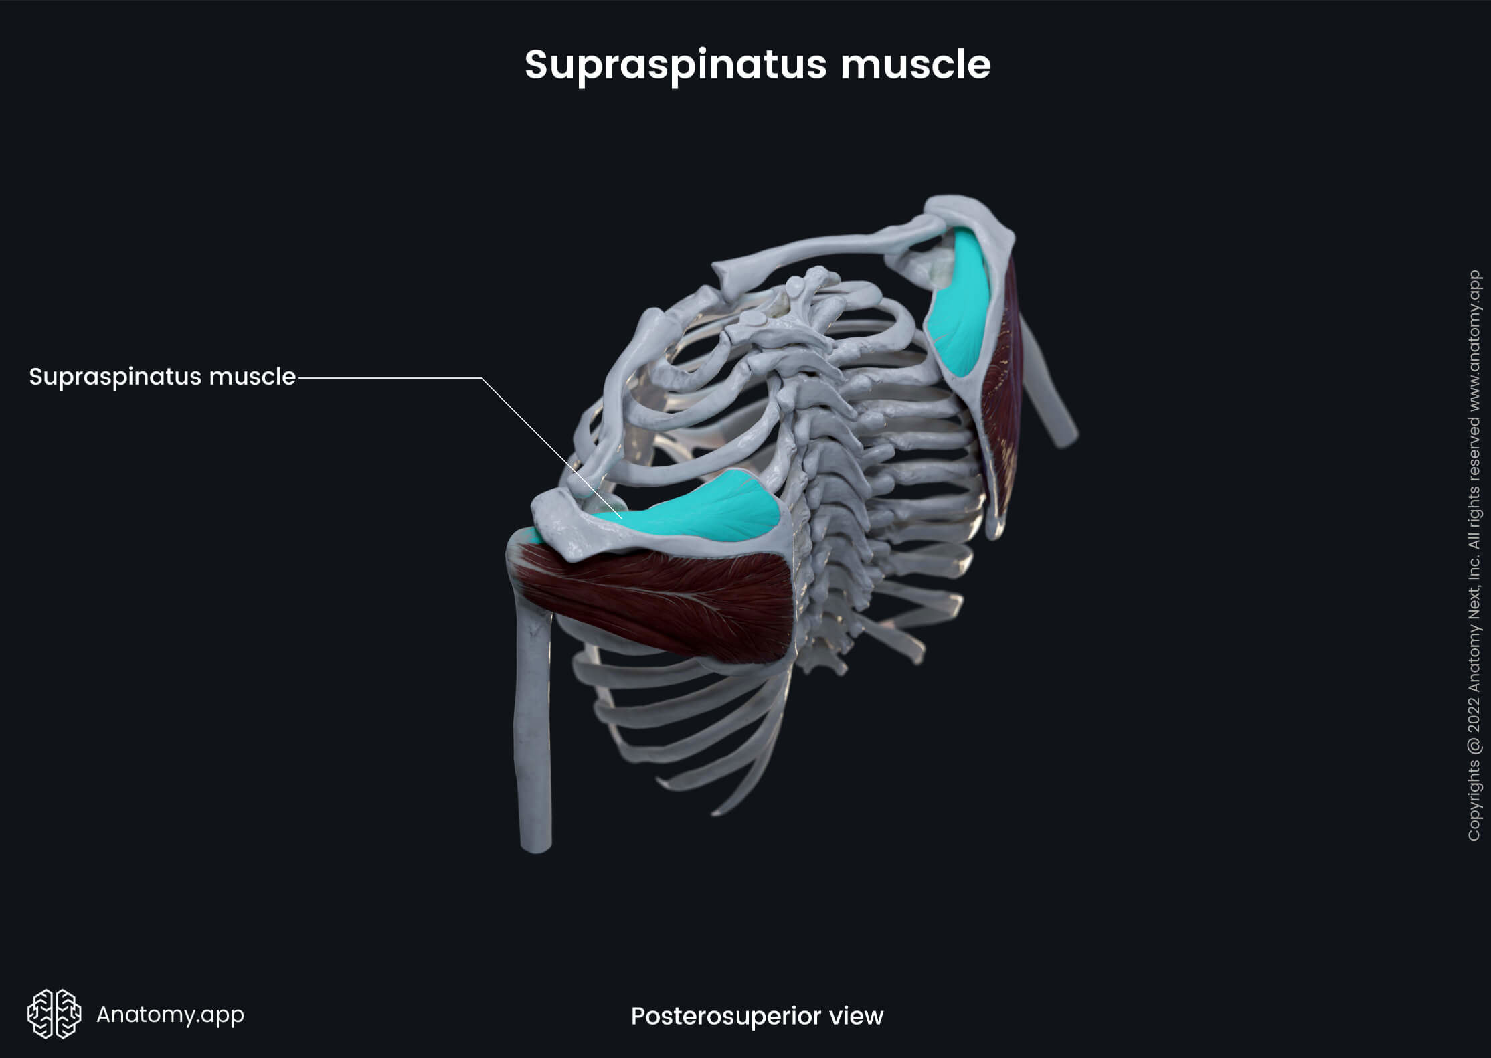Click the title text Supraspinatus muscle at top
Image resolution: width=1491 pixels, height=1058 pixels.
(x=757, y=65)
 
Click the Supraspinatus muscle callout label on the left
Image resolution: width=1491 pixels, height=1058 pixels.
(x=162, y=377)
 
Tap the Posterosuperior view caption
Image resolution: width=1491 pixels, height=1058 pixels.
(x=757, y=1016)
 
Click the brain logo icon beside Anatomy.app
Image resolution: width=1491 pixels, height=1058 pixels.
(x=54, y=1014)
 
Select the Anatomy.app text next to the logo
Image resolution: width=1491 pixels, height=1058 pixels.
(x=170, y=1015)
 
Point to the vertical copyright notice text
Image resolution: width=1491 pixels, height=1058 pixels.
(x=1474, y=555)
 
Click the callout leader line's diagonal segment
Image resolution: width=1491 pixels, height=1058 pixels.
(x=529, y=435)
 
